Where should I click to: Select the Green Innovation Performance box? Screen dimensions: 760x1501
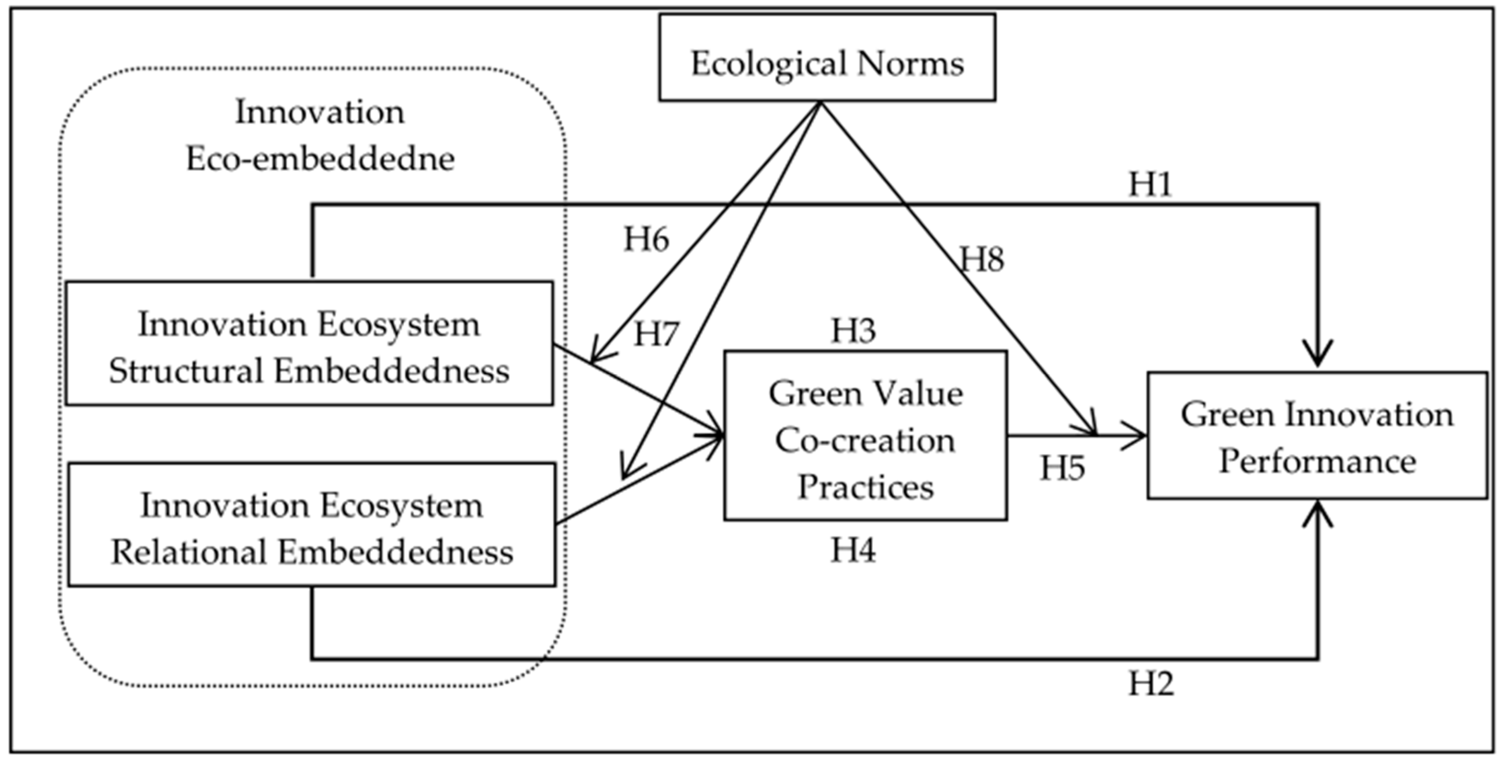point(1317,435)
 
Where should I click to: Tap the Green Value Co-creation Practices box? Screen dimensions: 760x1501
point(865,435)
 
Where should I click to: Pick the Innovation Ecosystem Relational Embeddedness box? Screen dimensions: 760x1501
point(312,525)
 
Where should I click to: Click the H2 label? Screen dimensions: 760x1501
point(1151,683)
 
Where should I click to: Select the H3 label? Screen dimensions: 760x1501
point(853,331)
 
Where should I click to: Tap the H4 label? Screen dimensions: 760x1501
point(853,550)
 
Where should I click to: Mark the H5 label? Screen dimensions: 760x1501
point(1062,468)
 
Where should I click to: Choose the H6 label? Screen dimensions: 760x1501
point(646,240)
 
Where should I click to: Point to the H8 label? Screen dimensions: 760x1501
point(982,259)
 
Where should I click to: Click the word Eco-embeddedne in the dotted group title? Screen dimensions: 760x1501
point(320,159)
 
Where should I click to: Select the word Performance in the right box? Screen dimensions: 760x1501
point(1317,462)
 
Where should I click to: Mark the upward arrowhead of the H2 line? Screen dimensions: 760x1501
point(1318,514)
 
